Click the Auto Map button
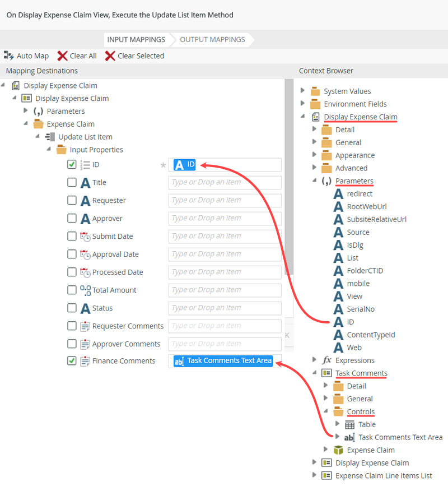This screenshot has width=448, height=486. pyautogui.click(x=26, y=56)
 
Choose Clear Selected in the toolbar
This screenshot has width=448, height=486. pyautogui.click(x=134, y=56)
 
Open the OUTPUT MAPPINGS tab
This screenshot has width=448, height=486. pyautogui.click(x=212, y=40)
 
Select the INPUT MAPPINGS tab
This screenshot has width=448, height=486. pyautogui.click(x=136, y=40)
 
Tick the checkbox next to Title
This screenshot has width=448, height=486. pyautogui.click(x=72, y=183)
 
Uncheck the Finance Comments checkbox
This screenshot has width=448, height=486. pyautogui.click(x=72, y=361)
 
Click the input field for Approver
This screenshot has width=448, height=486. pyautogui.click(x=225, y=219)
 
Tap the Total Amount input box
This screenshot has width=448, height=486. pyautogui.click(x=225, y=290)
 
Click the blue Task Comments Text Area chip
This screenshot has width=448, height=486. pyautogui.click(x=223, y=361)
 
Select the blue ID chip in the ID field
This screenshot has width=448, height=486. pyautogui.click(x=185, y=165)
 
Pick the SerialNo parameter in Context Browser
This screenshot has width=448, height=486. pyautogui.click(x=361, y=309)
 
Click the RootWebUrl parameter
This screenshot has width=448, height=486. pyautogui.click(x=366, y=207)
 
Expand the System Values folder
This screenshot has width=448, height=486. pyautogui.click(x=303, y=91)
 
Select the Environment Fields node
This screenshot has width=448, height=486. pyautogui.click(x=355, y=104)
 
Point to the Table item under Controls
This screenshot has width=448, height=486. pyautogui.click(x=367, y=425)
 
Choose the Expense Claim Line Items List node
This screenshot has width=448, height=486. pyautogui.click(x=384, y=476)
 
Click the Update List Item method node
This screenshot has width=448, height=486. pyautogui.click(x=85, y=137)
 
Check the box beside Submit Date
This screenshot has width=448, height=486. pyautogui.click(x=72, y=237)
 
